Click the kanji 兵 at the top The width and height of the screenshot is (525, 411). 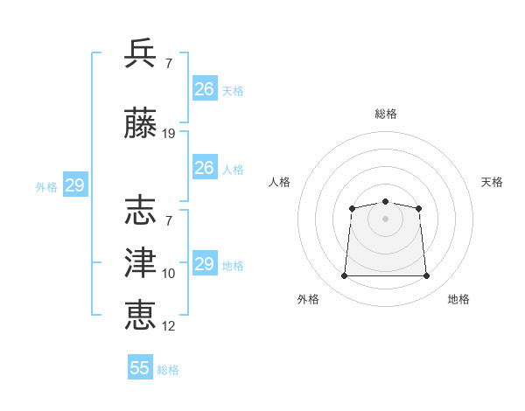tap(141, 54)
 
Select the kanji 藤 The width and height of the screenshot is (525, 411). tap(141, 126)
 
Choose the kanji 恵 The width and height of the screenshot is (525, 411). tap(141, 314)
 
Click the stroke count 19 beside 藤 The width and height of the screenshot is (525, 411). tap(169, 134)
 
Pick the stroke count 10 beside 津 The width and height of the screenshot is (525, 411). tap(169, 274)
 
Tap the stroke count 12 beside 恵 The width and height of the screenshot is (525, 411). tap(169, 326)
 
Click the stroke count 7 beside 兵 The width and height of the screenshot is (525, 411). tap(169, 64)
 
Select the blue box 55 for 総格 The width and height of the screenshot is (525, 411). tap(140, 368)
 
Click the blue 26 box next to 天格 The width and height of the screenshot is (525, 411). tap(204, 88)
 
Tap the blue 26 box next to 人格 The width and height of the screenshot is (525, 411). tap(204, 168)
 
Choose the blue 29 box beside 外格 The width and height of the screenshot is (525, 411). tap(74, 185)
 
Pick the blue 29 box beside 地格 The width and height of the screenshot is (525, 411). tap(204, 264)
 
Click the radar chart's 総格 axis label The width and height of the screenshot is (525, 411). tap(385, 114)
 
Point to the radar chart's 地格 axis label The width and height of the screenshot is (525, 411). tap(458, 299)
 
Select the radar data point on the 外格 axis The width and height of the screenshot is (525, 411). tap(344, 276)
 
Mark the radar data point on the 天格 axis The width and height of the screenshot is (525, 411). tap(419, 208)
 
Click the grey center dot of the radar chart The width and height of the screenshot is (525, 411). tap(385, 219)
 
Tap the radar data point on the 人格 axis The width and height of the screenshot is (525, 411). tap(352, 208)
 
